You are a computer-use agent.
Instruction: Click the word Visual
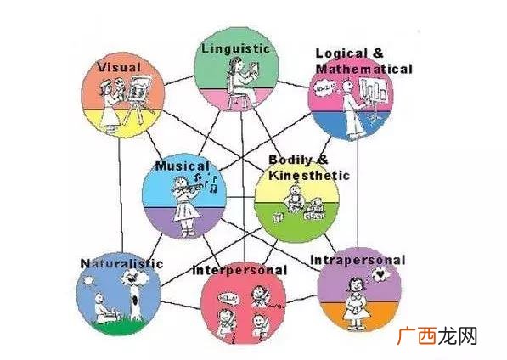click(x=119, y=67)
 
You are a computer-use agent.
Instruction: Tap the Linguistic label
click(x=235, y=48)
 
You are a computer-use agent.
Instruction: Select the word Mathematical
click(x=364, y=69)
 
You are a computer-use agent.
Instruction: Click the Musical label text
click(x=183, y=166)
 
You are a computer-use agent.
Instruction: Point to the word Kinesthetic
click(x=309, y=175)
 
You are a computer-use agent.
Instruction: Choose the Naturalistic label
click(x=121, y=263)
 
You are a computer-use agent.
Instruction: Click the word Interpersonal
click(x=239, y=270)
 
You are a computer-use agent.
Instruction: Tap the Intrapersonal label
click(x=358, y=260)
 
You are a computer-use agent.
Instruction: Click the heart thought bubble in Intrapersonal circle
click(x=381, y=275)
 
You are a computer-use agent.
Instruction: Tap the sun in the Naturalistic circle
click(x=88, y=280)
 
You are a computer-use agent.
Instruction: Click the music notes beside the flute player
click(x=206, y=182)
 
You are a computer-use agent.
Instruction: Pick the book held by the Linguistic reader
click(x=254, y=70)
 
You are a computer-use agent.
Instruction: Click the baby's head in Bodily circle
click(x=295, y=189)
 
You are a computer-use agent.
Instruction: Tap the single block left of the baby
click(x=278, y=217)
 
